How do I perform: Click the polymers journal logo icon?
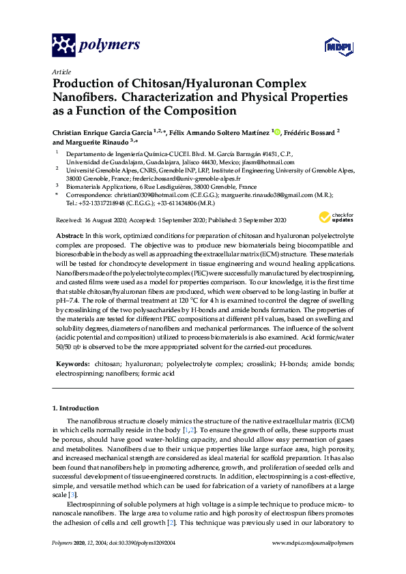pyautogui.click(x=63, y=46)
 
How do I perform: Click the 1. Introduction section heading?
pyautogui.click(x=76, y=408)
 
